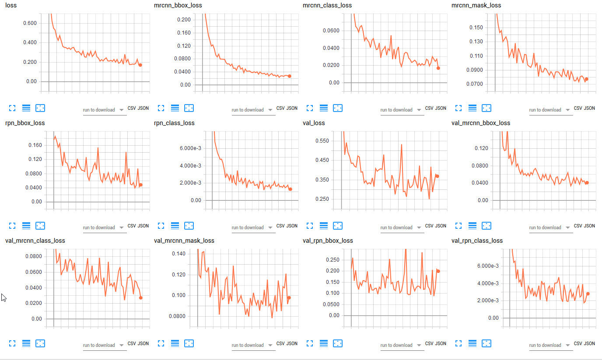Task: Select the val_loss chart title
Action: tap(314, 123)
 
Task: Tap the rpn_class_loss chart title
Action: tap(174, 123)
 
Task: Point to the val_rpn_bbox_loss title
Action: tap(328, 241)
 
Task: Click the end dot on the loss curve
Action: tap(140, 65)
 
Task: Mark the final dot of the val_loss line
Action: tap(437, 176)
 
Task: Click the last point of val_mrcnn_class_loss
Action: tap(141, 298)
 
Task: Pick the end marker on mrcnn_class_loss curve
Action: tap(438, 68)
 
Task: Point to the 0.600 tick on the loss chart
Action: tap(30, 23)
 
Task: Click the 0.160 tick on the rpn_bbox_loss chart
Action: tap(35, 145)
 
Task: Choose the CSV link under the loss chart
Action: tap(131, 108)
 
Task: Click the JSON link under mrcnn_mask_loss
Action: tap(589, 108)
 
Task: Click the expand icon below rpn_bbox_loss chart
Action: tap(12, 226)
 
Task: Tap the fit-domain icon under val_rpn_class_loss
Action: tap(486, 343)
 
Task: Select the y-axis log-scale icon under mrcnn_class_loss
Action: tap(324, 108)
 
